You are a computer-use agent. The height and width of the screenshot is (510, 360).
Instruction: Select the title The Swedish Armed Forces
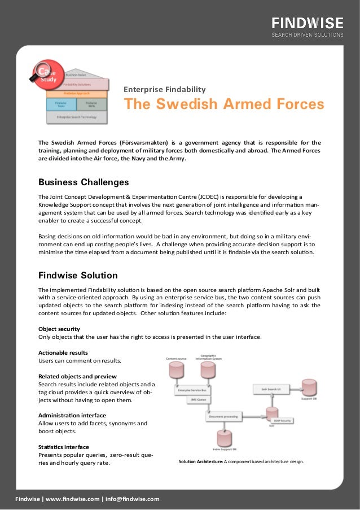point(223,104)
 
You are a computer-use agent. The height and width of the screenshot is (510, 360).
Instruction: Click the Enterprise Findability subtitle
point(165,89)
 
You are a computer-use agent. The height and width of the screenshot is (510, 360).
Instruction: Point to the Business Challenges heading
point(84,182)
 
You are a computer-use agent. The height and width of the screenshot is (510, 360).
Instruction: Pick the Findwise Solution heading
point(78,276)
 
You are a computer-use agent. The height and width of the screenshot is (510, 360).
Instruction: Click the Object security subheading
point(59,329)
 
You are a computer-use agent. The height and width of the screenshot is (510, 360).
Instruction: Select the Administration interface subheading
point(72,415)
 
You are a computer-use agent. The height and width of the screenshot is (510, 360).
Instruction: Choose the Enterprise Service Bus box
point(192,390)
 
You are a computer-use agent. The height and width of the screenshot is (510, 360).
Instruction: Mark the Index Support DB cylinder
point(224,439)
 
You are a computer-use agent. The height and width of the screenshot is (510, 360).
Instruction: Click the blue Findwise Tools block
point(60,104)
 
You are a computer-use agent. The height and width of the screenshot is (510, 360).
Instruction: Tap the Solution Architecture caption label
point(200,461)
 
